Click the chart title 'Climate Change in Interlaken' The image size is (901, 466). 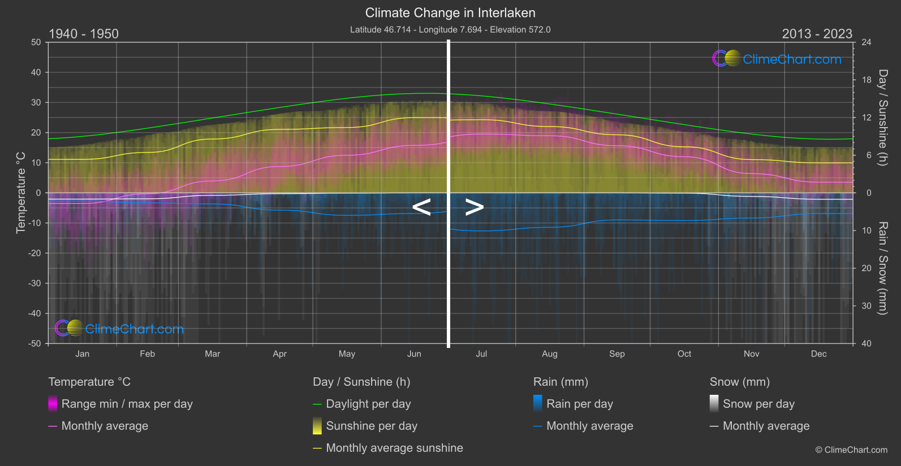coord(450,13)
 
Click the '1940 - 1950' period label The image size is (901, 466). coord(84,34)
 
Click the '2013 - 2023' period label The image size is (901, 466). coord(817,34)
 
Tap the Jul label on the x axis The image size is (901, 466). coord(481,354)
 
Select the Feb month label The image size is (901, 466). coord(147,354)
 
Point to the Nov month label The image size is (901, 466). coord(751,354)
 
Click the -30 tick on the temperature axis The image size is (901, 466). coord(35,284)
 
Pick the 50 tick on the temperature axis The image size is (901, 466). coord(36,42)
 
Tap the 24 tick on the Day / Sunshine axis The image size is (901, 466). coord(866,42)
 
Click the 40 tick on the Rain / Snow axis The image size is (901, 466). coord(866,343)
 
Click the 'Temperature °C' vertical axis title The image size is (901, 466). coord(21,193)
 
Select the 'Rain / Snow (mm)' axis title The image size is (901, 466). coord(882,268)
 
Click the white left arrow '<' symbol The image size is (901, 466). coord(421,207)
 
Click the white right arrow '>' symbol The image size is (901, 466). coord(474,207)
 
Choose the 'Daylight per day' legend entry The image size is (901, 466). coord(368,404)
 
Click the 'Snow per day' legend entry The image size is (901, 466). coord(758,404)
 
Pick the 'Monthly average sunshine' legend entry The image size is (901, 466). coord(394,448)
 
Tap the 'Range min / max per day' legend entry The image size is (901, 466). coord(127,404)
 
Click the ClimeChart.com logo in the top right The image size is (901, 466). coord(777,59)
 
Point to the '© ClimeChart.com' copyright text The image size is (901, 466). coord(851,450)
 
